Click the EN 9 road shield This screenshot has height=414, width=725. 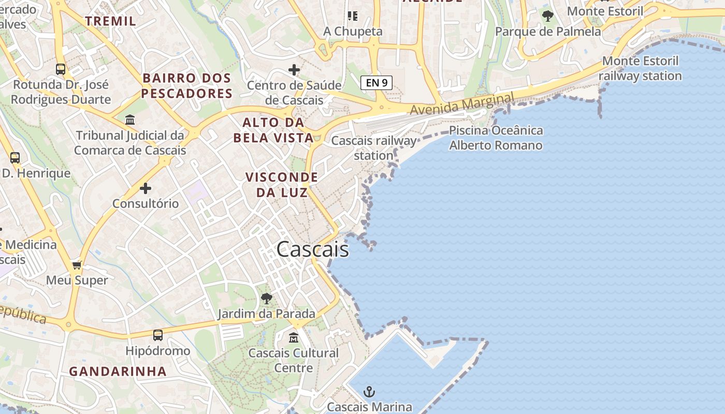tap(376, 82)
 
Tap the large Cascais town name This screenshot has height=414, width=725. tap(313, 249)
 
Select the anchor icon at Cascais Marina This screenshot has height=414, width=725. tap(369, 392)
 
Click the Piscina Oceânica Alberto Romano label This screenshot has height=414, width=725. tap(496, 138)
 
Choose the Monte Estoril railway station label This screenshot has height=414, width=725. tap(640, 68)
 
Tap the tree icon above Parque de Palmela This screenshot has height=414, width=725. tap(547, 16)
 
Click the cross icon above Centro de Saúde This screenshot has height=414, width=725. tap(294, 69)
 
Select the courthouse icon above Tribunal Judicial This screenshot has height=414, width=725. tap(130, 120)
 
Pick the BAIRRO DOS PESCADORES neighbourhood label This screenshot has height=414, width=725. tap(187, 86)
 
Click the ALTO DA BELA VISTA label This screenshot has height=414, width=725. tap(273, 130)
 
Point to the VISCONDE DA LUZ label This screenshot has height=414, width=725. tap(282, 185)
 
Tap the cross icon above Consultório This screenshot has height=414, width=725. tap(146, 188)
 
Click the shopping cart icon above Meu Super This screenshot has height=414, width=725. tap(77, 265)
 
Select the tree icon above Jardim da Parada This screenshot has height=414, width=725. tap(267, 298)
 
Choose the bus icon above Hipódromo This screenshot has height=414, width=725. tap(158, 335)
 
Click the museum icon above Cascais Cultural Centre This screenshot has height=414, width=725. tap(294, 337)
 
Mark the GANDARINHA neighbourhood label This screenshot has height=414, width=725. tap(118, 371)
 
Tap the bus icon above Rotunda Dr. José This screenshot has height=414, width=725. tap(61, 69)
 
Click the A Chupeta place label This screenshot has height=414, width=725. tap(353, 31)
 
